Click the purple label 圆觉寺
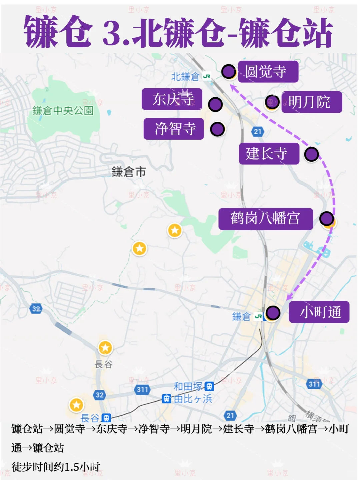268,72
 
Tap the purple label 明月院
311,102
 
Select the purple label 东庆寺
172,99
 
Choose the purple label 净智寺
174,129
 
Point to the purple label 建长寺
269,154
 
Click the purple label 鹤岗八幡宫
265,219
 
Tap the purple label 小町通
319,312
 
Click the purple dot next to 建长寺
311,154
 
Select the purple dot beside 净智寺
217,129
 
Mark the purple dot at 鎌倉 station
273,313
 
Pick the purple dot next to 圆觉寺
229,71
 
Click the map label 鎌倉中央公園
63,111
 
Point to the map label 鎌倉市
129,172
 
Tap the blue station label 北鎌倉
185,77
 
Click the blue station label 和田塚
188,386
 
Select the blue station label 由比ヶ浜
193,399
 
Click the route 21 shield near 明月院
257,131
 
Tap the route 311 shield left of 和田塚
142,389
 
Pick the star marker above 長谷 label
105,348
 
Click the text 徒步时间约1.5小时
56,467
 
